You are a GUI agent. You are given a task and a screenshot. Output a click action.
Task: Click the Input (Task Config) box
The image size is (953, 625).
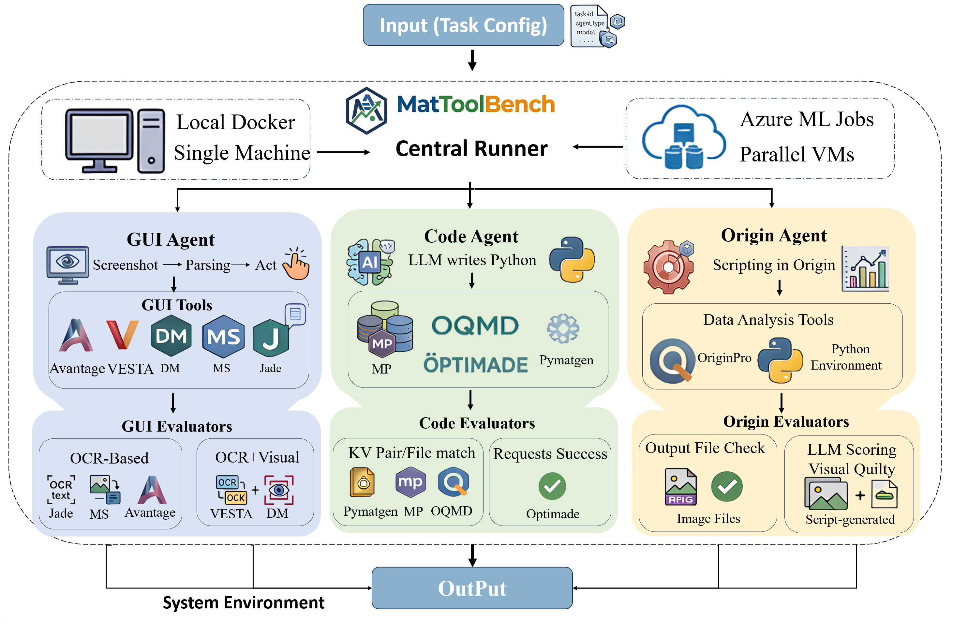point(463,25)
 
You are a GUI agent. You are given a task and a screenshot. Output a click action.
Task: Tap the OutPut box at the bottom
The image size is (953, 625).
point(472,588)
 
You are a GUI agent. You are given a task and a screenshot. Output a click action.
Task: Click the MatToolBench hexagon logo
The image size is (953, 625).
point(366,111)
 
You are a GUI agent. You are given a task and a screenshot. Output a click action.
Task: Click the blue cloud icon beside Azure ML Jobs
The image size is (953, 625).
point(683,137)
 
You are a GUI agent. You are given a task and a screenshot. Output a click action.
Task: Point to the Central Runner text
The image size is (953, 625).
point(471,149)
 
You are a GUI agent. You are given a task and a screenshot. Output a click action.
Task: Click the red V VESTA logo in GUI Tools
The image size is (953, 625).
point(122,335)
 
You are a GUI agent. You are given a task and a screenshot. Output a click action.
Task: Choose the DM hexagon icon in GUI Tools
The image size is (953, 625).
point(171,335)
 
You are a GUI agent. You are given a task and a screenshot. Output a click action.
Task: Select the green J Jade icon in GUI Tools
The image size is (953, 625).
point(271,338)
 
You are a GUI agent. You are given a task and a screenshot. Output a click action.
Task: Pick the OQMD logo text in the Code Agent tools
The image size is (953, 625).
point(475,325)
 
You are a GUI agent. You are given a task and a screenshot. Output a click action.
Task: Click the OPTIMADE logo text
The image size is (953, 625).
point(475,364)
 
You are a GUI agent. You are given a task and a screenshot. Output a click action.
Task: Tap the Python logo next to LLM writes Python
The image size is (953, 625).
point(572,259)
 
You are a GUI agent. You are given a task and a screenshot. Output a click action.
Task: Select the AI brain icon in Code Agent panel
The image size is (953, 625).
point(370,262)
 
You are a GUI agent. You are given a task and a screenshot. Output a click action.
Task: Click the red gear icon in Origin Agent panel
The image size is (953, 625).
point(668,267)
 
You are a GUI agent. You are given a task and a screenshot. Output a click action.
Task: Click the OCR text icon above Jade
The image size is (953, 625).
point(61,490)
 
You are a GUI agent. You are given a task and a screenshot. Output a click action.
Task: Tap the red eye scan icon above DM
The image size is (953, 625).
point(279,490)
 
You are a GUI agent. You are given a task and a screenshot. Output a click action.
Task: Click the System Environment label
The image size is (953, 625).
point(244,602)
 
